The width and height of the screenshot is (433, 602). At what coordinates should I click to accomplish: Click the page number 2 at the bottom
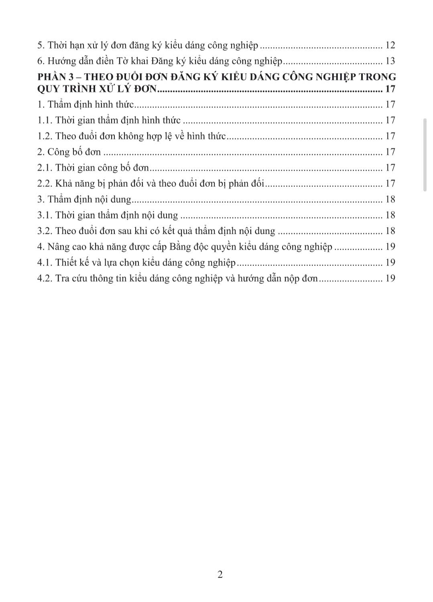pos(220,574)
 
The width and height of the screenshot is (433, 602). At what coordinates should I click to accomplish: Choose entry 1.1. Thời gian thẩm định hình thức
pos(109,120)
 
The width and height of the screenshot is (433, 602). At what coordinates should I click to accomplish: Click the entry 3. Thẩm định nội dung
pos(84,199)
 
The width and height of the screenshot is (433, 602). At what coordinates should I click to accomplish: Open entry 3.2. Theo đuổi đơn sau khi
pos(156,231)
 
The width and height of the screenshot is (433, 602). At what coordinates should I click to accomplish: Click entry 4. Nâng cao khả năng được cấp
pos(185,247)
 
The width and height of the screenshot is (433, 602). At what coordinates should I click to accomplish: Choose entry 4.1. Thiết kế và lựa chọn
pos(136,263)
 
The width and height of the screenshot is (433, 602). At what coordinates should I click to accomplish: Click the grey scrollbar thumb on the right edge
pos(425,155)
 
